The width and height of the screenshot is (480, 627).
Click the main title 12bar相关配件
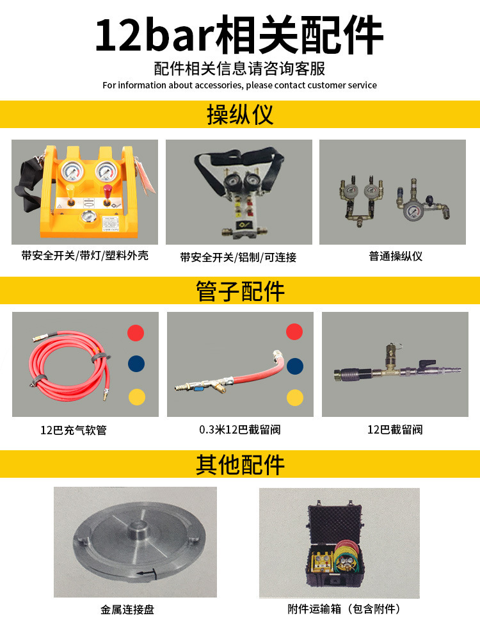click(x=239, y=37)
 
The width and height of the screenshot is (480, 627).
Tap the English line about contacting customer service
click(x=239, y=85)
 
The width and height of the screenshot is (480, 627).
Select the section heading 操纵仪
click(x=239, y=115)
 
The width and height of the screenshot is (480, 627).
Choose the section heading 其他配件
click(x=239, y=464)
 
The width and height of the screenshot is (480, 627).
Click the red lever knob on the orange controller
click(x=109, y=190)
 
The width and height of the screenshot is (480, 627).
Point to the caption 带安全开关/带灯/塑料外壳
click(x=84, y=256)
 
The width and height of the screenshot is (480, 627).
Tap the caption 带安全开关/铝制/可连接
click(x=238, y=257)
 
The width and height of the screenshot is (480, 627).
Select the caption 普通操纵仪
click(x=396, y=257)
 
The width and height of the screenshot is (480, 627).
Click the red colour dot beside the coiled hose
click(x=136, y=333)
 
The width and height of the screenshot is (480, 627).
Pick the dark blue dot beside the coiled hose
click(x=136, y=364)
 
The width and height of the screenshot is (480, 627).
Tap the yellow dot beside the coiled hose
click(x=136, y=396)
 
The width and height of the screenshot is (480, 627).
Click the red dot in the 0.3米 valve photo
click(x=294, y=332)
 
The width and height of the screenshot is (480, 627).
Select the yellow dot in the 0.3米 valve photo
click(x=294, y=398)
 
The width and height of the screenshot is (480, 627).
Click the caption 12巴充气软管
click(x=73, y=430)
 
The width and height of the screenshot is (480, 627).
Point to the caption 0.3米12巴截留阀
click(x=239, y=430)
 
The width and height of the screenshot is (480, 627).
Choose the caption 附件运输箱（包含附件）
click(x=344, y=610)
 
